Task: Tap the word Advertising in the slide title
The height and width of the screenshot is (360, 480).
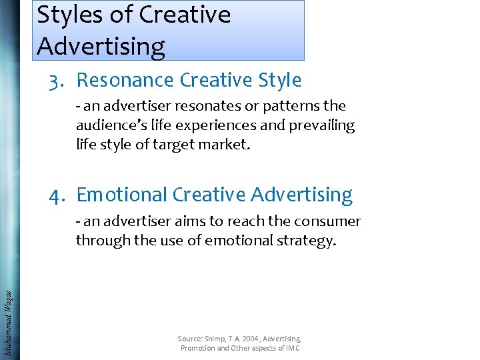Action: [101, 46]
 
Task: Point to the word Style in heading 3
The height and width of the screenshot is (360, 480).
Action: [277, 81]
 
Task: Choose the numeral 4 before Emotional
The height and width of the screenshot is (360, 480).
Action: [55, 195]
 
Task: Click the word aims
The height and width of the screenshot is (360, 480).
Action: [181, 221]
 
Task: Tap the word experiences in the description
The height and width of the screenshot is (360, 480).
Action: [179, 125]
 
